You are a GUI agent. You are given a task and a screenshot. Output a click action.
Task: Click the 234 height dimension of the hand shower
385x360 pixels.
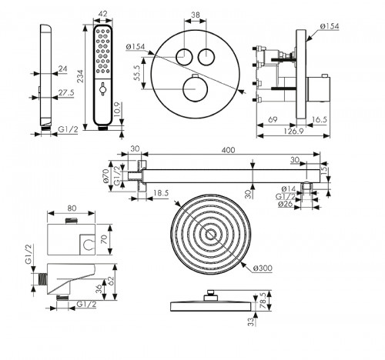(x=81, y=76)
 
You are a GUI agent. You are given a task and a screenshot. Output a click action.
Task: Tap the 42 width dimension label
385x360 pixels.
(x=102, y=13)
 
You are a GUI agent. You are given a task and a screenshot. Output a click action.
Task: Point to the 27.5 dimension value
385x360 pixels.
(x=66, y=92)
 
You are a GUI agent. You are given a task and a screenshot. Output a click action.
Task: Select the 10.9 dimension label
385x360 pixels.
(x=116, y=109)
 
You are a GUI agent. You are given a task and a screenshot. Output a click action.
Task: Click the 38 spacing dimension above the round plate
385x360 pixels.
(x=196, y=15)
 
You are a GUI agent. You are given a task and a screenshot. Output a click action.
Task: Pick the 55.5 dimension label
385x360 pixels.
(x=137, y=73)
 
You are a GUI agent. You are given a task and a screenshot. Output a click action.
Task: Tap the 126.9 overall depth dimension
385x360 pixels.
(x=293, y=132)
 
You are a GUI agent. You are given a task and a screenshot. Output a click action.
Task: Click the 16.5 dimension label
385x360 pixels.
(x=320, y=119)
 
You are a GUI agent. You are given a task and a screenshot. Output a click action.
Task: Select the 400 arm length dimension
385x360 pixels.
(x=228, y=150)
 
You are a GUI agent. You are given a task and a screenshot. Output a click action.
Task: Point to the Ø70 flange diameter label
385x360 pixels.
(x=106, y=175)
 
